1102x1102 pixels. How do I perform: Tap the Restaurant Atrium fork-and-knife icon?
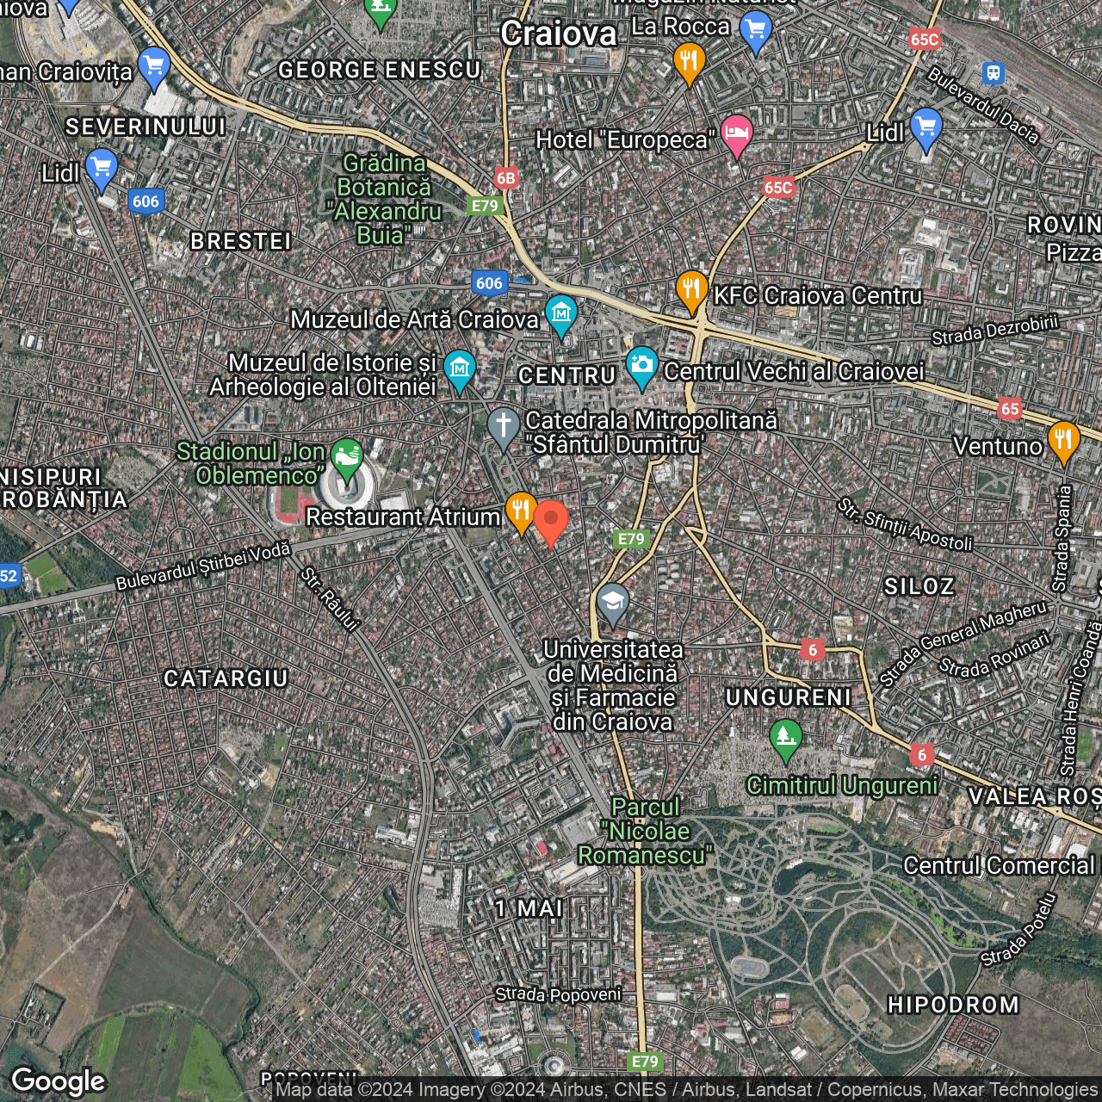tap(521, 510)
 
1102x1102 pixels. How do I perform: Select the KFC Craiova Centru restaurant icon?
tap(691, 289)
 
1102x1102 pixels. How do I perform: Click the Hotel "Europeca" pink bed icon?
tap(736, 133)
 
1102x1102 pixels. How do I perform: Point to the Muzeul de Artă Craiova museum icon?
tap(561, 315)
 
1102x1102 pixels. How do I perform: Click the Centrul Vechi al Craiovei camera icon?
tap(641, 366)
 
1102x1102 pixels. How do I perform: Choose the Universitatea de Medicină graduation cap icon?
tap(612, 603)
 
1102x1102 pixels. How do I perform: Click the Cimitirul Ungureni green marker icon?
tap(785, 738)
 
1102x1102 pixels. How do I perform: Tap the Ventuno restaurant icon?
tap(1064, 441)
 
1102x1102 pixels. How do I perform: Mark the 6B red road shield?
tap(506, 178)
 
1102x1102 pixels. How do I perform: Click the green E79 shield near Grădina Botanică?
tap(485, 206)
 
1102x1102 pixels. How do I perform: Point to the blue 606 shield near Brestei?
tap(145, 201)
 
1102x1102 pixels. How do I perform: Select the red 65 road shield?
tap(1010, 409)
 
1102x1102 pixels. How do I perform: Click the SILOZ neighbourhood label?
tap(919, 586)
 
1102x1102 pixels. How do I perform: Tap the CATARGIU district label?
tap(226, 678)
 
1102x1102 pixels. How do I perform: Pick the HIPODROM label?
tap(953, 1005)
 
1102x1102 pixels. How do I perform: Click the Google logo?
tap(59, 1081)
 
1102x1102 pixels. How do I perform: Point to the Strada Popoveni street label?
tap(558, 994)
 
